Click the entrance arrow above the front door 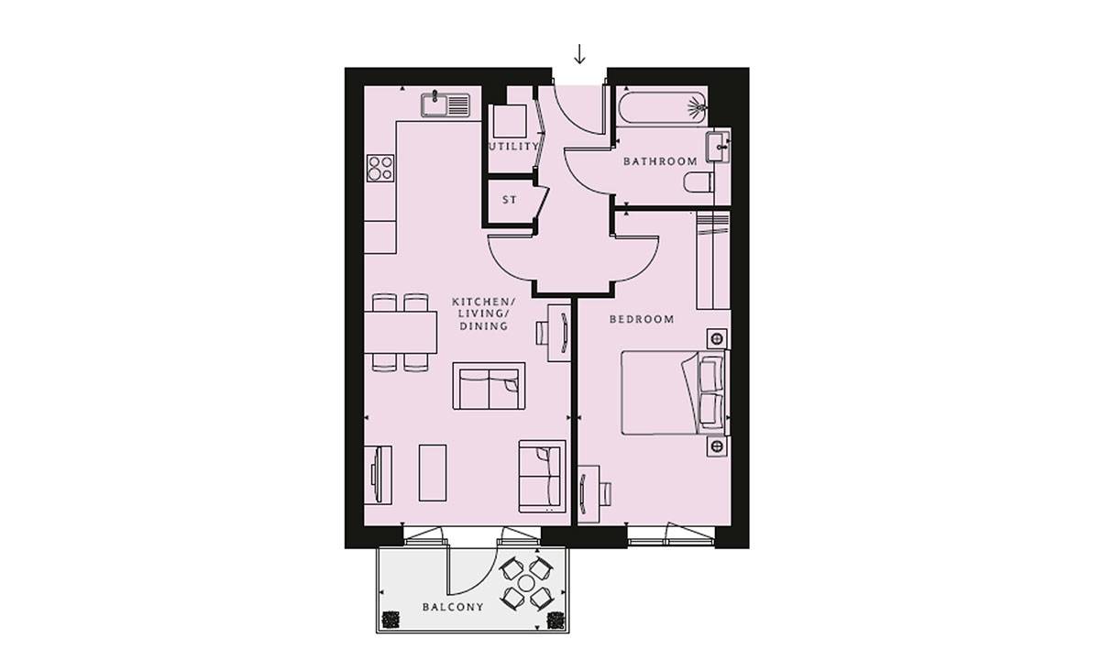pos(579,55)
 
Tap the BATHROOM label pos(660,161)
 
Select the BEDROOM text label pos(642,320)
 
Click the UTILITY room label pos(513,147)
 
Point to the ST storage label pos(510,199)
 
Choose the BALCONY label pos(453,607)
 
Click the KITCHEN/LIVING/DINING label pos(484,314)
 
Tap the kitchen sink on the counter pos(445,105)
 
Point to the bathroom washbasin pos(718,145)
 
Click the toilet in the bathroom pos(699,183)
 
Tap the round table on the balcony pos(527,583)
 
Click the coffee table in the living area pos(434,472)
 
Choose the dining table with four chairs pos(401,332)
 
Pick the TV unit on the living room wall pos(379,473)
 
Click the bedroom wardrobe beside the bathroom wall pos(712,260)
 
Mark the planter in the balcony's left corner pos(390,621)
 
